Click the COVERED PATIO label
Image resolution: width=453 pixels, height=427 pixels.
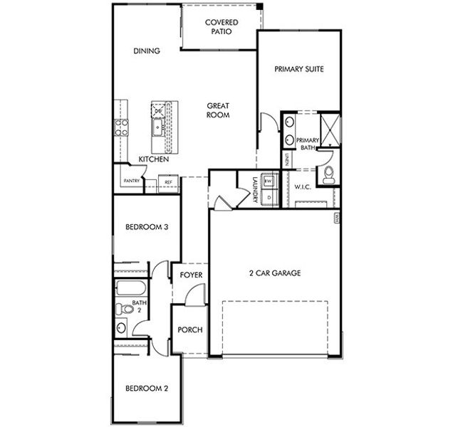point(222,27)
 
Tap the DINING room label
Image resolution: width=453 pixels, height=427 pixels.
point(146,51)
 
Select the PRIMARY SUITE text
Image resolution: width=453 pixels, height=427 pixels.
point(299,69)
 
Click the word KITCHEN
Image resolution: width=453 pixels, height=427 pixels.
point(153,159)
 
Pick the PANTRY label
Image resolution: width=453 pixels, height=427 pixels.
point(131,181)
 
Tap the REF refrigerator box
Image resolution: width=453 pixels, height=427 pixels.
point(169,182)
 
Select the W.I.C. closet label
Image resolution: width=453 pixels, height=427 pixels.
point(305,186)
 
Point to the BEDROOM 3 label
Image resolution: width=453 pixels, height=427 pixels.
point(146,228)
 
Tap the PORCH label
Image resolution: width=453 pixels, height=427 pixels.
point(190,330)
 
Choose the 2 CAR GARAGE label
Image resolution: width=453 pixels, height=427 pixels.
point(274,273)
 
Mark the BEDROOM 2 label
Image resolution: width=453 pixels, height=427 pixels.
point(146,389)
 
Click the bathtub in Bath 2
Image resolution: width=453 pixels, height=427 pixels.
point(131,289)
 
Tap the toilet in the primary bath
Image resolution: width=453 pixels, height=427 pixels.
point(328,175)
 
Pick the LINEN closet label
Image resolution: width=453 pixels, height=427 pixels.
point(286,159)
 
